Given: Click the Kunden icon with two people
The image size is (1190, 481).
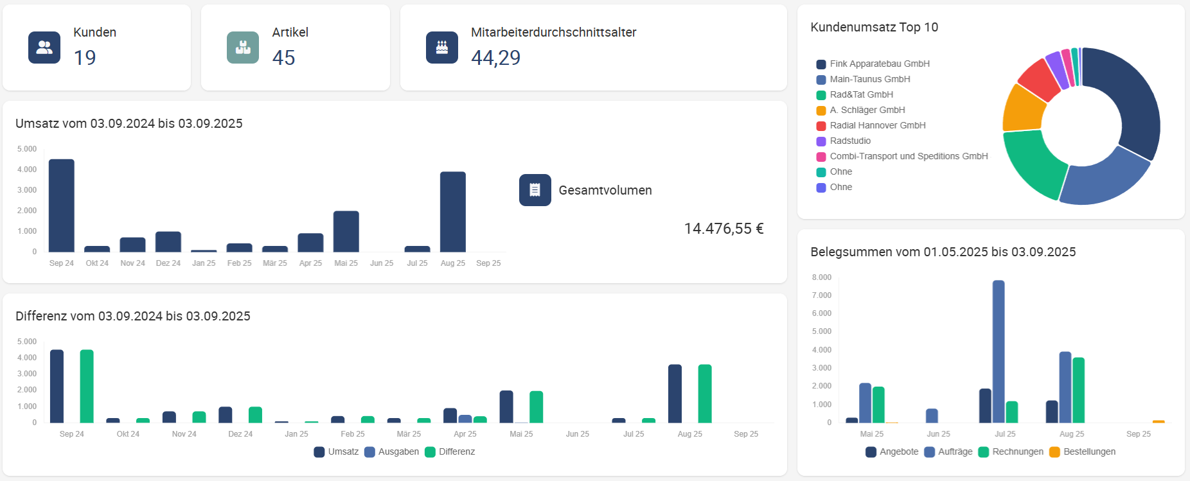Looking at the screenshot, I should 44,48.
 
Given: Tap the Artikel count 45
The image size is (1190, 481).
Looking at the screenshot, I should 283,58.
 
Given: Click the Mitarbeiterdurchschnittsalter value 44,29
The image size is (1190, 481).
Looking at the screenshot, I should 495,58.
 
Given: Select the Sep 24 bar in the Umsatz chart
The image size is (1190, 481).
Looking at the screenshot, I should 62,206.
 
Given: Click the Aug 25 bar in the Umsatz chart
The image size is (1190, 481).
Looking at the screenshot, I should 453,212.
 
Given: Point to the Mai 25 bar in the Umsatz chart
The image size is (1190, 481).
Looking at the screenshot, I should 346,231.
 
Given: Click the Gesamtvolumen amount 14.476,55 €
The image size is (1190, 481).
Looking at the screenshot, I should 724,229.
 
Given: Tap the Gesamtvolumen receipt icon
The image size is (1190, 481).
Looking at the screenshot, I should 535,190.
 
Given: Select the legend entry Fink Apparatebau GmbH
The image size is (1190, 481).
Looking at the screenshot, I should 879,64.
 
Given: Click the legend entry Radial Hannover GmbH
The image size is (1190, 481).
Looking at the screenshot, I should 877,125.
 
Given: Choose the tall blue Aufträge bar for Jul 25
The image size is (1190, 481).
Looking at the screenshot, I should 999,351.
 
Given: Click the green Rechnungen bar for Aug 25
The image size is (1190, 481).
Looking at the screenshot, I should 1079,390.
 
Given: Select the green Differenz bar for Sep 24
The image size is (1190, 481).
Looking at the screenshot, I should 87,386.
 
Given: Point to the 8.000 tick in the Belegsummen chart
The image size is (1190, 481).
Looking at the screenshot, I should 822,277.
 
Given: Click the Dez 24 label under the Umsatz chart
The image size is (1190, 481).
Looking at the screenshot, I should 168,263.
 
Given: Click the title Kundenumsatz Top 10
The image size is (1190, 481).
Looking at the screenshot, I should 874,27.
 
